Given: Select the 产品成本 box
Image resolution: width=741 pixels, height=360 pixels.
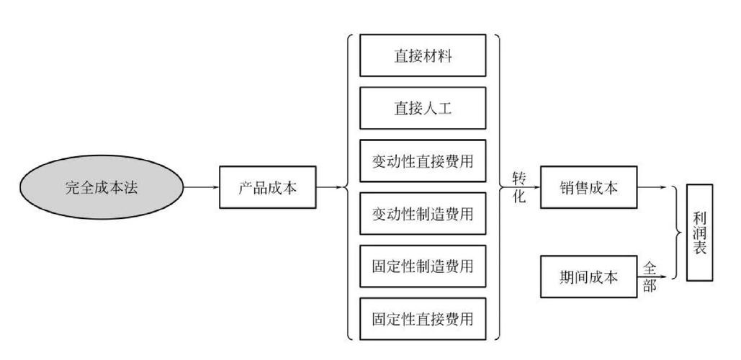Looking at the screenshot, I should [x=267, y=188].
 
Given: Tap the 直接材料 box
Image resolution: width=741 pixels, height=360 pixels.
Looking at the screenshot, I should [x=423, y=55].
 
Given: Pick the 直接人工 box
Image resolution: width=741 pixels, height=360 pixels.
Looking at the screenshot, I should [x=423, y=108].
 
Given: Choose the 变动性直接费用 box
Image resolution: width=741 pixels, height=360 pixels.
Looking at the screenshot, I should [x=423, y=161].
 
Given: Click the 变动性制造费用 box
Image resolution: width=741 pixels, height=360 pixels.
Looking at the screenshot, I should [x=423, y=213].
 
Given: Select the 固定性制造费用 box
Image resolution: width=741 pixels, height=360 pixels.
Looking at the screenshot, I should [x=423, y=266].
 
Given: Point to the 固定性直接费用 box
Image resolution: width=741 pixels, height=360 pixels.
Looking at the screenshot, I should [x=423, y=318].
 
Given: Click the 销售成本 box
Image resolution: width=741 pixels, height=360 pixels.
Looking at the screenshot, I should [x=588, y=188].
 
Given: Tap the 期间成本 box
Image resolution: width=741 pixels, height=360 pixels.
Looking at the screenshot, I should [x=588, y=276].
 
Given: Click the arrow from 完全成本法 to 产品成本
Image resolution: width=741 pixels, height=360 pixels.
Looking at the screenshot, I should [x=201, y=188].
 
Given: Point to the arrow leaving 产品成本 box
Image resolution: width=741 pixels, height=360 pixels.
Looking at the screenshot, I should [x=329, y=188].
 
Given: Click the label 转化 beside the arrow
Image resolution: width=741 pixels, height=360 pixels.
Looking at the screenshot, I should [x=518, y=187].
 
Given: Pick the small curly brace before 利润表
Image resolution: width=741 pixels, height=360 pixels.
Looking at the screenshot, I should [x=677, y=233].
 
